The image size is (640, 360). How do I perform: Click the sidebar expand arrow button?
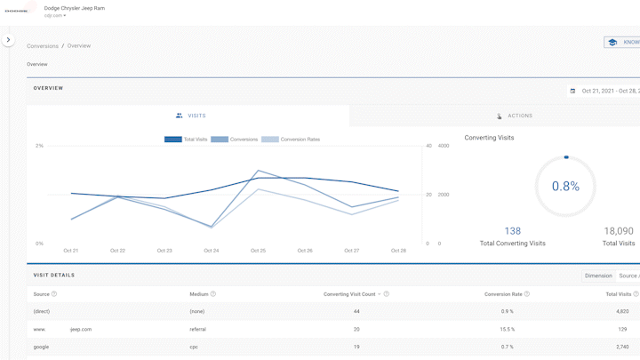point(8,40)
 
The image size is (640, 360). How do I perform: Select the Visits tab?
point(191,116)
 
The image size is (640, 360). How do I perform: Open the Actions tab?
point(515,116)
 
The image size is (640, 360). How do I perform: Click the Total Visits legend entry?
point(186,140)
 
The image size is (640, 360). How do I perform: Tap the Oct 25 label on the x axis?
point(258,251)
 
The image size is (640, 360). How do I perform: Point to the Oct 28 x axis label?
point(398,251)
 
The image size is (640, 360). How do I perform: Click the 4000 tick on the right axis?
point(444,146)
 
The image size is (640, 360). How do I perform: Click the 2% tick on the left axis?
point(39,146)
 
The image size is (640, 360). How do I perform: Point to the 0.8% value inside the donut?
point(565,187)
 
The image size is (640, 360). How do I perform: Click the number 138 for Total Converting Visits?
point(512,231)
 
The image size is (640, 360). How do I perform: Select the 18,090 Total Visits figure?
point(619,231)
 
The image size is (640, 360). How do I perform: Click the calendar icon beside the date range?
point(572,91)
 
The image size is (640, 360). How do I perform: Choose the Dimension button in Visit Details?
point(597,276)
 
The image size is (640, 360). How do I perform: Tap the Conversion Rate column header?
point(503,294)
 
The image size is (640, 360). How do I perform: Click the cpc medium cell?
point(195,347)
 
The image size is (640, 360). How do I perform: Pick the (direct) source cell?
point(42,311)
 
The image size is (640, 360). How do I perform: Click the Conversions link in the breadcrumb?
point(43,46)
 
